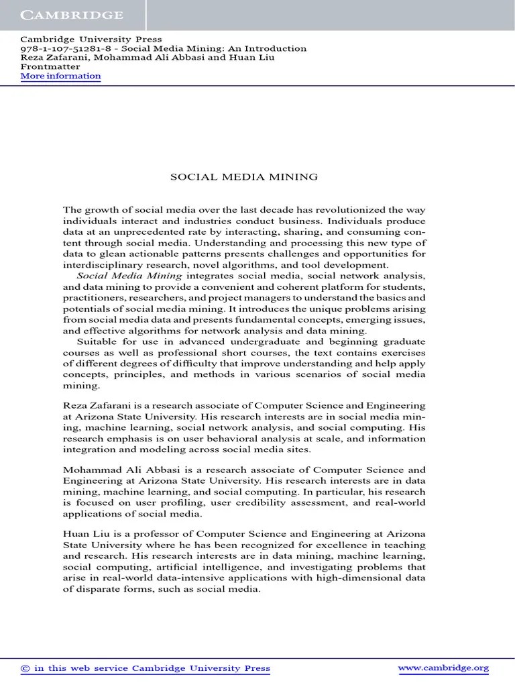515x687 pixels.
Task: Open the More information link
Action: [60, 76]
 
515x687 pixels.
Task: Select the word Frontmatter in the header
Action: [50, 66]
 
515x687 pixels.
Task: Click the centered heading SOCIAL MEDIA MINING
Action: [243, 177]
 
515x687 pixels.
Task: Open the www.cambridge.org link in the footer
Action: [443, 668]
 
